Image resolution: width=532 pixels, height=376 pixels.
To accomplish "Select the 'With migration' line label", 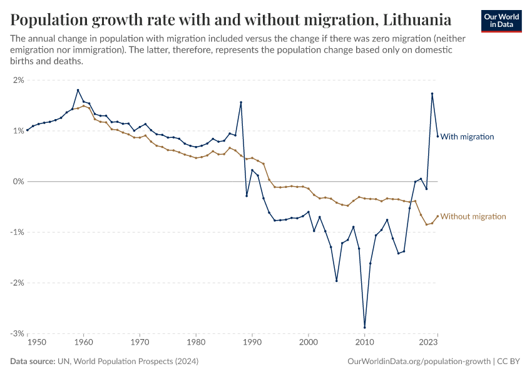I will (x=467, y=137).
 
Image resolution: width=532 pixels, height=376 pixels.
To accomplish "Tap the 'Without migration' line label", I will (x=473, y=216).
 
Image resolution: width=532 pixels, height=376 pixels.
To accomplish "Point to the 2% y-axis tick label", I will (x=18, y=80).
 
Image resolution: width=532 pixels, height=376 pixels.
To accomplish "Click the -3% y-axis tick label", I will (x=16, y=333).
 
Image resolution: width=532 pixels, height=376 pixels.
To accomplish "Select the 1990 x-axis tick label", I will (x=252, y=343).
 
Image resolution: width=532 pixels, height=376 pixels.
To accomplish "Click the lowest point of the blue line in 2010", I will (x=364, y=327).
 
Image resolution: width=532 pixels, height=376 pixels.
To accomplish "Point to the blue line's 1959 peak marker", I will (x=78, y=90).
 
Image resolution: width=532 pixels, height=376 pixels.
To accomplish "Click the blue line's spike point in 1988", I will (x=241, y=102).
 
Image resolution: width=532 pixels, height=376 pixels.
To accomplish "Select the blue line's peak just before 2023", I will (x=432, y=94).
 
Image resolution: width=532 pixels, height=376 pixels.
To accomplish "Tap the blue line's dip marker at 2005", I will (x=336, y=281).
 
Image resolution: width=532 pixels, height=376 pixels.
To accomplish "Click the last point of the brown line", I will (x=437, y=216).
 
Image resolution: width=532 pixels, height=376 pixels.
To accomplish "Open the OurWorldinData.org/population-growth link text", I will (x=418, y=362).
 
